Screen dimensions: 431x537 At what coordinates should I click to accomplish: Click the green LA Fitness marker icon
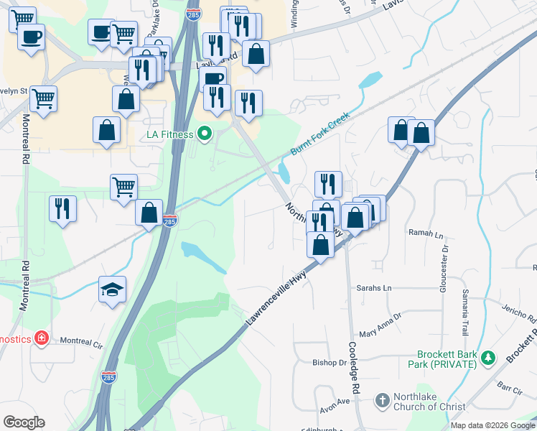click(x=204, y=134)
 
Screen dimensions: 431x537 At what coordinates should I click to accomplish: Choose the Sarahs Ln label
click(x=374, y=288)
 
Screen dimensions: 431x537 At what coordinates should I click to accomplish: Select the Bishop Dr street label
click(x=330, y=363)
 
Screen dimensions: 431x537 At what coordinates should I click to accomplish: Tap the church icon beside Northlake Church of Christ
click(x=383, y=399)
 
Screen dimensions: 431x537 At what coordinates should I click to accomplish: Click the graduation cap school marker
click(x=112, y=289)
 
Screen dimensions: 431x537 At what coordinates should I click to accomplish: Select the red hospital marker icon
click(x=42, y=337)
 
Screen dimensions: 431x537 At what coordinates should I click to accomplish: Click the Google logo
click(x=24, y=422)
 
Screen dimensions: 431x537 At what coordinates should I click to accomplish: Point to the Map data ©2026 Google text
click(x=492, y=425)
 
